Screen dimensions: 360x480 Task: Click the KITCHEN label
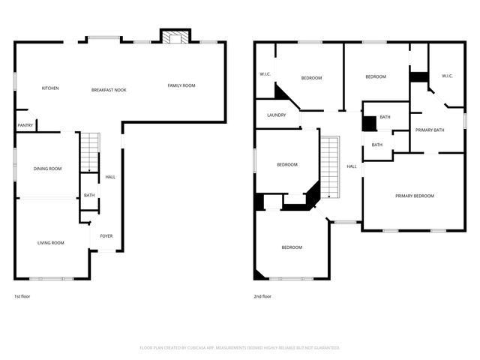pyautogui.click(x=50, y=88)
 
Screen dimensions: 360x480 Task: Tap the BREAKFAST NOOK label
pyautogui.click(x=109, y=90)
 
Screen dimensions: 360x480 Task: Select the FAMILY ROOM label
pyautogui.click(x=181, y=86)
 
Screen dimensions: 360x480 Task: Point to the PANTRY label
pyautogui.click(x=25, y=125)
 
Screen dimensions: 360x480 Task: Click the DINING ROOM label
pyautogui.click(x=47, y=169)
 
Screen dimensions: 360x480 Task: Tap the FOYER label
pyautogui.click(x=106, y=236)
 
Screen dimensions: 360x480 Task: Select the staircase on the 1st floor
pyautogui.click(x=90, y=151)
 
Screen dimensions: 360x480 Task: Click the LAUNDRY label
pyautogui.click(x=276, y=115)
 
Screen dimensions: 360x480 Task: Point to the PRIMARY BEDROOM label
pyautogui.click(x=415, y=196)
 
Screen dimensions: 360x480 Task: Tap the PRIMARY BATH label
pyautogui.click(x=430, y=130)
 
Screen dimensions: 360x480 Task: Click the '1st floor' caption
pyautogui.click(x=22, y=297)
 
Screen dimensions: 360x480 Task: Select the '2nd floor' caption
pyautogui.click(x=262, y=297)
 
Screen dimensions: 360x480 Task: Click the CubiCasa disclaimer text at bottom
pyautogui.click(x=240, y=348)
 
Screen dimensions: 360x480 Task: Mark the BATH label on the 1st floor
pyautogui.click(x=88, y=196)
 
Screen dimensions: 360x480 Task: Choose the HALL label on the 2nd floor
pyautogui.click(x=352, y=166)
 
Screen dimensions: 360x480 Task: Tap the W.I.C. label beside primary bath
pyautogui.click(x=447, y=76)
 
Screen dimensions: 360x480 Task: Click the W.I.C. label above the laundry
pyautogui.click(x=265, y=74)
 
